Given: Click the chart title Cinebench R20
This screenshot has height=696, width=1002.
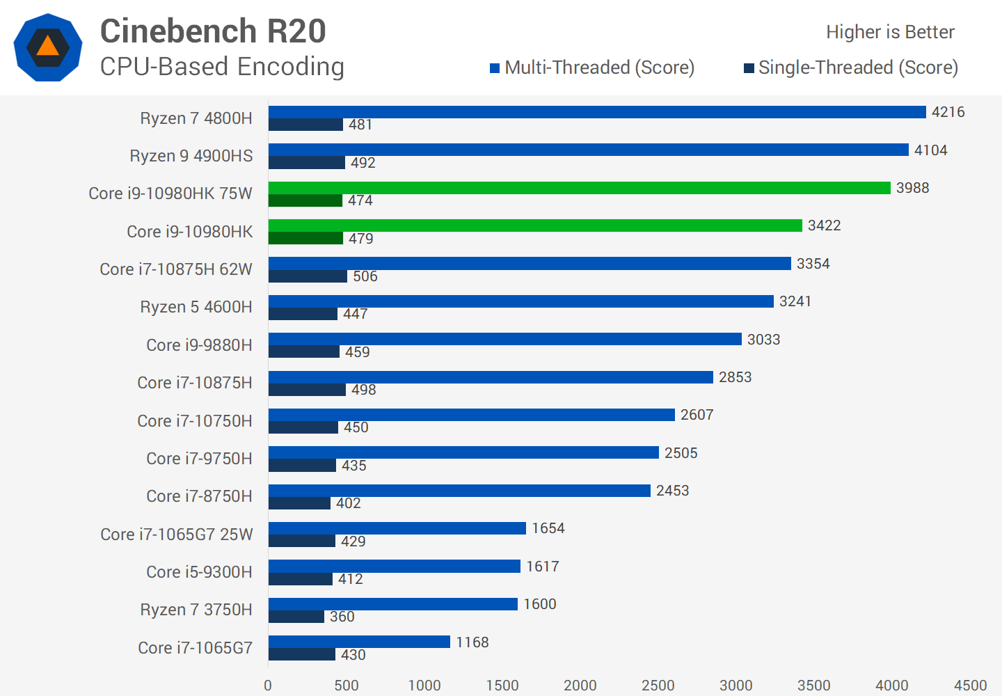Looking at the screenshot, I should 213,31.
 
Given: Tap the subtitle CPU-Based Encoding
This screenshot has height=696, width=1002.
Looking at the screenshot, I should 222,67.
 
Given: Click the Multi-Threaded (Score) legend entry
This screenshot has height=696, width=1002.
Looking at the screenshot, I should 592,68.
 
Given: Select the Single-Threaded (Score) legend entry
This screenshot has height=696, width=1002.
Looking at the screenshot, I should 851,68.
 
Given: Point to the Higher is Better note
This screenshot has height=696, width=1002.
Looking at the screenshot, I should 890,32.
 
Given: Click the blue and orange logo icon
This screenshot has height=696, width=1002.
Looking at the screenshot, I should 48,47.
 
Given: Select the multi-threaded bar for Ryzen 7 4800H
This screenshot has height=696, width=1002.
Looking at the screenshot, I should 597,112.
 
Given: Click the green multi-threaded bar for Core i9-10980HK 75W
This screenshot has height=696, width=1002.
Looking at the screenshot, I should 579,188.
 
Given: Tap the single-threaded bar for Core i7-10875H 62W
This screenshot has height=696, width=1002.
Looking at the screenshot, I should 308,276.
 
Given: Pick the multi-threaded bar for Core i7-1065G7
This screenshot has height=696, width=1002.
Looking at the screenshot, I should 359,642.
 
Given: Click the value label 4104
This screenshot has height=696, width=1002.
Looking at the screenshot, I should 930,150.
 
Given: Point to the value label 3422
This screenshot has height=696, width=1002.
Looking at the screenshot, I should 824,226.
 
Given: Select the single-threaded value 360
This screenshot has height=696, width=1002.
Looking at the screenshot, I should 342,617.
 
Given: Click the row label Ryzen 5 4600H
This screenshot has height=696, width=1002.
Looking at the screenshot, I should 196,307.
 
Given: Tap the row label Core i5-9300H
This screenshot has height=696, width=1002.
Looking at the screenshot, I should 199,572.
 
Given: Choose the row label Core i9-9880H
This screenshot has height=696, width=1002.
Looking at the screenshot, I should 199,345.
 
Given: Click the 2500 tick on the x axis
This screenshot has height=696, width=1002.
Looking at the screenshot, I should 658,686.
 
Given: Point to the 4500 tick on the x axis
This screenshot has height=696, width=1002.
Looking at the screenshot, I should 970,686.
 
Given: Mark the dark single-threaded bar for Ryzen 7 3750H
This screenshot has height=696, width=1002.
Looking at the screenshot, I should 296,617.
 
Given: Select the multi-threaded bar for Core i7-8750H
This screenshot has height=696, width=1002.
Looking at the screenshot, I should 459,491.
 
